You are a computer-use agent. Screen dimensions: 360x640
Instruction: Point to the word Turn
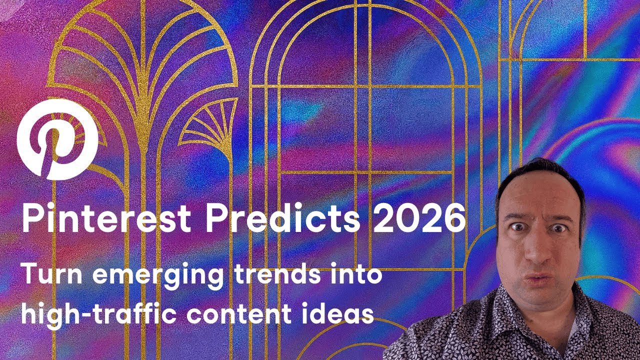[x=47, y=275]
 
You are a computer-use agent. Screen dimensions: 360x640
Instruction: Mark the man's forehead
[x=537, y=195]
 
